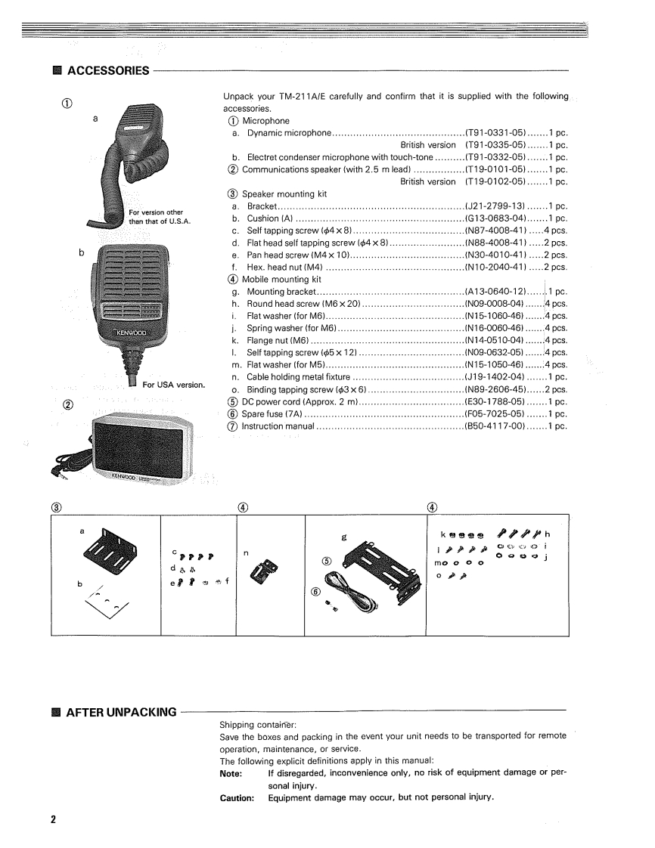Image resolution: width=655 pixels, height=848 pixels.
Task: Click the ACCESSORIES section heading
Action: [107, 71]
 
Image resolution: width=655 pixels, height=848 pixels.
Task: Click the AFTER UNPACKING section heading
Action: [122, 712]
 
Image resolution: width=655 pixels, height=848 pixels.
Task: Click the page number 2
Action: [53, 820]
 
